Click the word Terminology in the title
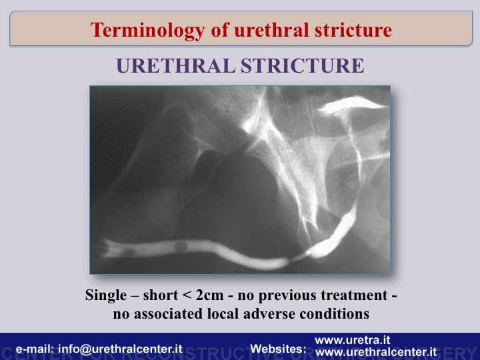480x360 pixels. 147,31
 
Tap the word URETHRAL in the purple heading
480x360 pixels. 176,65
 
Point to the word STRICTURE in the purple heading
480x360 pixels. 303,65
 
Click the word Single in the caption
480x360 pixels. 106,295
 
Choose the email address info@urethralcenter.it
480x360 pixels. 120,349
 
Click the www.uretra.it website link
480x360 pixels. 353,340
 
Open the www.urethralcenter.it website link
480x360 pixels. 376,352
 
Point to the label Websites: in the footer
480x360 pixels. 278,349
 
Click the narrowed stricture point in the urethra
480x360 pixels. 296,258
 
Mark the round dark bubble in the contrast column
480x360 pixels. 181,247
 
